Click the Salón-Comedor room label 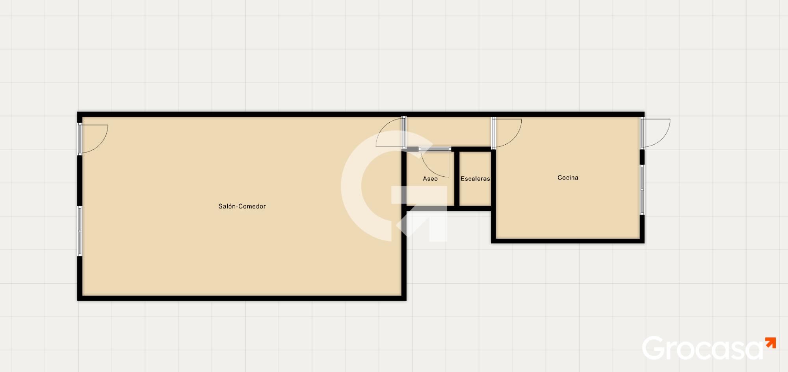[242, 206]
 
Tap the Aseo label [430, 179]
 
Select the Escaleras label [475, 179]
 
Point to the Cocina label [568, 178]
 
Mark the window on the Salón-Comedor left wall [80, 231]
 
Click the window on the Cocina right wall [642, 190]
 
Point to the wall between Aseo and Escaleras [457, 179]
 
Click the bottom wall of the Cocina [568, 241]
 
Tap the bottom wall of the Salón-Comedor [242, 298]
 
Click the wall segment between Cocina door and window [642, 157]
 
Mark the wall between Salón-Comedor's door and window [80, 180]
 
